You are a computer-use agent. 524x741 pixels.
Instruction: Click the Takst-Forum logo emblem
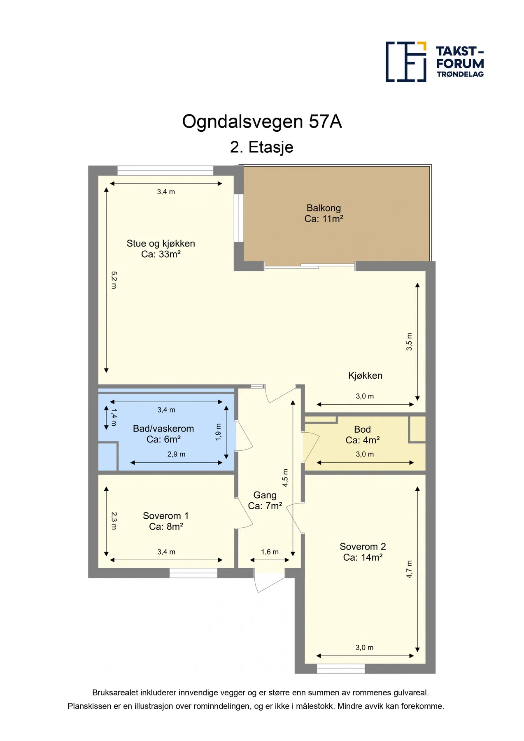point(406,62)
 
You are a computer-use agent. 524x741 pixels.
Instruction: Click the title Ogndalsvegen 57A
point(262,121)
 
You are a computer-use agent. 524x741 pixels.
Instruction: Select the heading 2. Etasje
point(262,147)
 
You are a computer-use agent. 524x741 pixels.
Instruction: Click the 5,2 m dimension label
point(114,280)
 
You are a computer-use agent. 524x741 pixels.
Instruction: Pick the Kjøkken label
point(365,375)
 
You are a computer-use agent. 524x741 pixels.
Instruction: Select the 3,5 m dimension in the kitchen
point(409,342)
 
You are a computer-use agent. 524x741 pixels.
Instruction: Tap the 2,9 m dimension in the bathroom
point(176,454)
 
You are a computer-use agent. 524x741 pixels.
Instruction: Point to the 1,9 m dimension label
point(218,432)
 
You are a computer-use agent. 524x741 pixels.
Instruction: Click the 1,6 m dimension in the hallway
point(270,552)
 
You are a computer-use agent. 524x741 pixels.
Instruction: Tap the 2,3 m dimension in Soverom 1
point(114,521)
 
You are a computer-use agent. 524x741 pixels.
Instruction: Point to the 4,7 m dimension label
point(409,569)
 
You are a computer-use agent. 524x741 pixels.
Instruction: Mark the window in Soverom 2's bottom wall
point(341,669)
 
